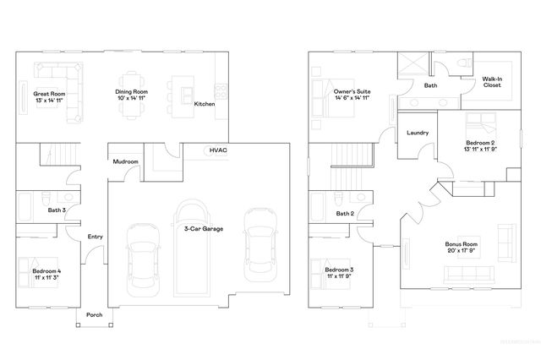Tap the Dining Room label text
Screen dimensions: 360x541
point(133,91)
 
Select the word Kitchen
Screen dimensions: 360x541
point(205,104)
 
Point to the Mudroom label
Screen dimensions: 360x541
point(125,161)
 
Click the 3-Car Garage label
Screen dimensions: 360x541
point(204,228)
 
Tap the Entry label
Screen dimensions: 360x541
point(95,237)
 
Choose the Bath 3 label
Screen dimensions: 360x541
point(57,210)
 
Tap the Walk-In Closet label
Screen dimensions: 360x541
point(493,82)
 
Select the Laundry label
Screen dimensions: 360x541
point(418,133)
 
